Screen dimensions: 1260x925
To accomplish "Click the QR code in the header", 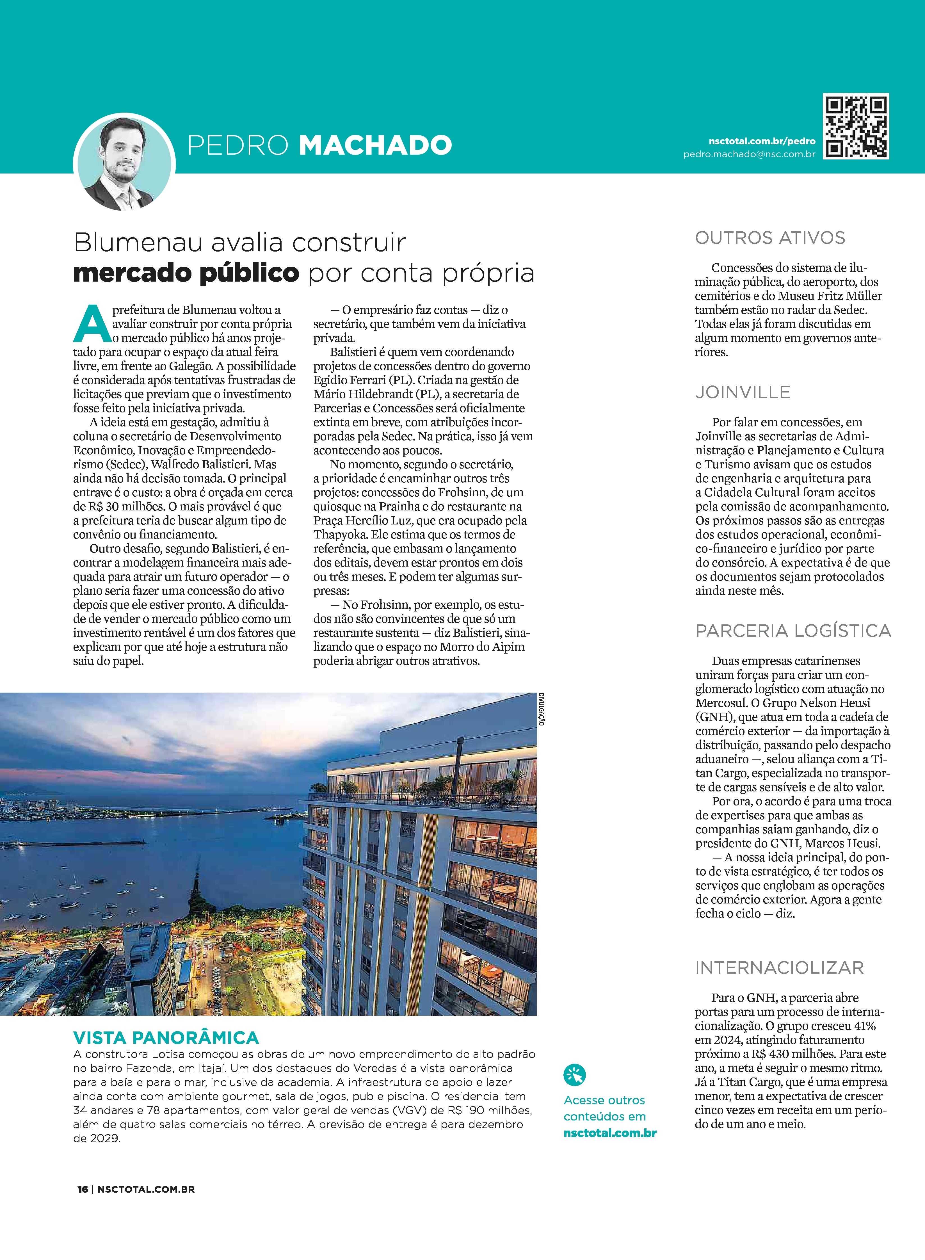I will [x=856, y=127].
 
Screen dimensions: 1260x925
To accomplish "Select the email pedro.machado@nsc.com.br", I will [x=749, y=154].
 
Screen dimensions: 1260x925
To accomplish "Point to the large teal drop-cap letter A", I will [x=92, y=324].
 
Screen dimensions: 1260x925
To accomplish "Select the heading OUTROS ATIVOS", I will [x=770, y=238].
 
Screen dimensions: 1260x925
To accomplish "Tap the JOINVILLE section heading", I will [x=743, y=392].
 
